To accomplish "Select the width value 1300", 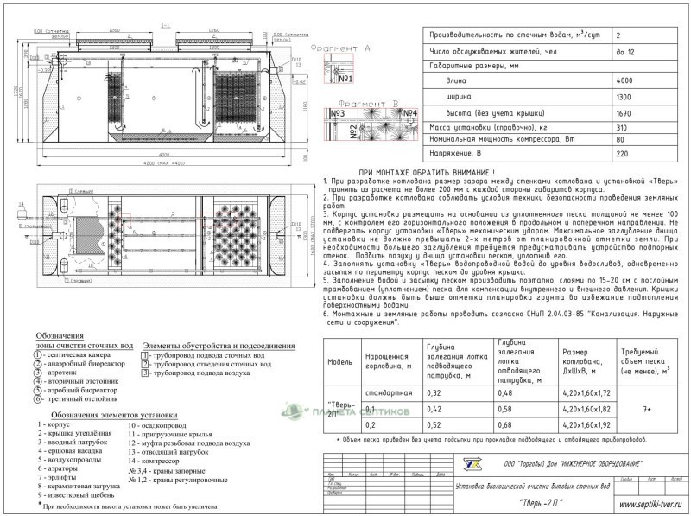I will (x=625, y=97).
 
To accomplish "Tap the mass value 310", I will (x=622, y=127).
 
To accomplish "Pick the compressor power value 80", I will (x=619, y=139).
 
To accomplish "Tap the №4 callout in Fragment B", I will (x=409, y=113).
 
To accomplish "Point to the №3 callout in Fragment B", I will (x=338, y=113).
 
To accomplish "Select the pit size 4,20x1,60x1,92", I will (x=586, y=424).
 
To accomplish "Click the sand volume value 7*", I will (x=647, y=408).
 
